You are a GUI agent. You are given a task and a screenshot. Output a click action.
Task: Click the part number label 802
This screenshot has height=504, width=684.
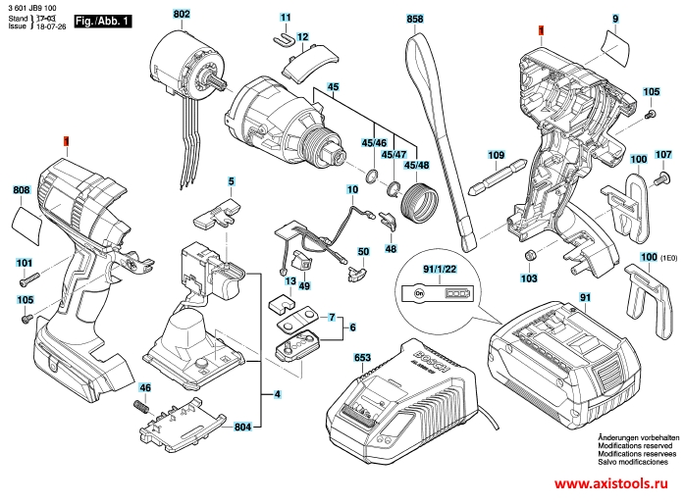point(182,15)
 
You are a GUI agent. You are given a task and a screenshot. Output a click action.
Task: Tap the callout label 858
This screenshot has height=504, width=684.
point(414,19)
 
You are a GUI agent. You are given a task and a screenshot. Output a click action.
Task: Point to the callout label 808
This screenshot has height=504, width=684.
point(22,190)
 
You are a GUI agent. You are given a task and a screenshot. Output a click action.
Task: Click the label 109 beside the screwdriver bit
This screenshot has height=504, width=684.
point(496,155)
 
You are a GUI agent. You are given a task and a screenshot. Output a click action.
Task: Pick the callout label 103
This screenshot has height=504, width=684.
point(529,278)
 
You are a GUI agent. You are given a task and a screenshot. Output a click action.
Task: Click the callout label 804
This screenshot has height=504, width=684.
point(242,428)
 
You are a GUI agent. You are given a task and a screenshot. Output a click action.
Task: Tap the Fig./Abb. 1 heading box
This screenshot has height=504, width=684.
point(102,21)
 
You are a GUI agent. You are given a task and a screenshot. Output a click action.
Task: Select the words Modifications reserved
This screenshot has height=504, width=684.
point(630,446)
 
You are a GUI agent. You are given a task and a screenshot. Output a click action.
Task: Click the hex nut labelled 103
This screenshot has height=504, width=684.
point(529,255)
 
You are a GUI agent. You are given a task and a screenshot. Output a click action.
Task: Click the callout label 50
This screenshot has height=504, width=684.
point(363,252)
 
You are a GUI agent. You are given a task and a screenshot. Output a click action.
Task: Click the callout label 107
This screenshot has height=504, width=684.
point(663,155)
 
